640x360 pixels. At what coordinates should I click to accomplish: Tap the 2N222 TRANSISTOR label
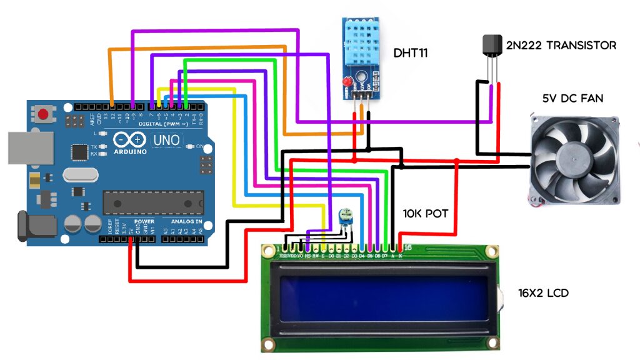pos(561,46)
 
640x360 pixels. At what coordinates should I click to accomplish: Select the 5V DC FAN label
pos(572,98)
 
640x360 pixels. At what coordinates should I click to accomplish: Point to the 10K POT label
pos(425,214)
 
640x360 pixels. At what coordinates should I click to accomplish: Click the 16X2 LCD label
pos(543,292)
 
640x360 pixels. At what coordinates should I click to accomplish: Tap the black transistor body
pos(492,47)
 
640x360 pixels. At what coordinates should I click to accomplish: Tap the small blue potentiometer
pos(342,217)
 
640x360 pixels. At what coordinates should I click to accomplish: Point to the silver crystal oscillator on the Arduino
pos(79,176)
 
